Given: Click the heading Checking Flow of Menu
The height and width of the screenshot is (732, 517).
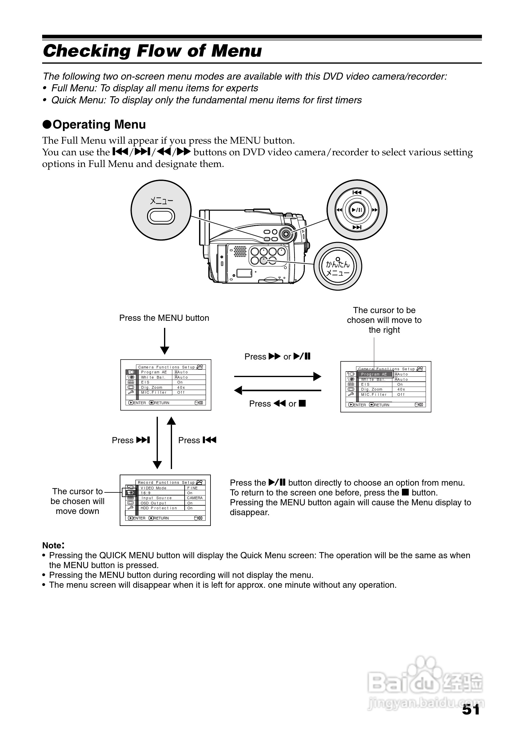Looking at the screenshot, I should (152, 51).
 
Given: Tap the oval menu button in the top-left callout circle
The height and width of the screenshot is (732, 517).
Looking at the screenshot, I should (161, 217).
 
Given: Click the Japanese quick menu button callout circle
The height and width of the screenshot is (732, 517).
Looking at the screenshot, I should (338, 266).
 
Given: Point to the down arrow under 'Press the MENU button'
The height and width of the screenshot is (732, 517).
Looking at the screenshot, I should (165, 341).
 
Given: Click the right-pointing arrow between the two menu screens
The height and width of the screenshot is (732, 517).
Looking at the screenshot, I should (278, 376).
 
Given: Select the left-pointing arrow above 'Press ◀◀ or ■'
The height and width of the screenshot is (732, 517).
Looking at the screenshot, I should (278, 390).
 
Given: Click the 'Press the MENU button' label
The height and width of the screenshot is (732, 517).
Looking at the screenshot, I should (164, 318).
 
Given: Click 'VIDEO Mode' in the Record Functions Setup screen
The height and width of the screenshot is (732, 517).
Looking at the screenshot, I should (154, 488).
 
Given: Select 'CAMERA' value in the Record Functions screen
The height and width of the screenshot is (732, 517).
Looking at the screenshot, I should (194, 498).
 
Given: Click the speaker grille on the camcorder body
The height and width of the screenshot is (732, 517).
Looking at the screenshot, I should (240, 251).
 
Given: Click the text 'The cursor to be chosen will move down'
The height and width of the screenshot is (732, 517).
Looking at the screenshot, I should (78, 501).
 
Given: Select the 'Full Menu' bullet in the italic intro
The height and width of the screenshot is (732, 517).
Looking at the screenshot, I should (154, 88).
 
